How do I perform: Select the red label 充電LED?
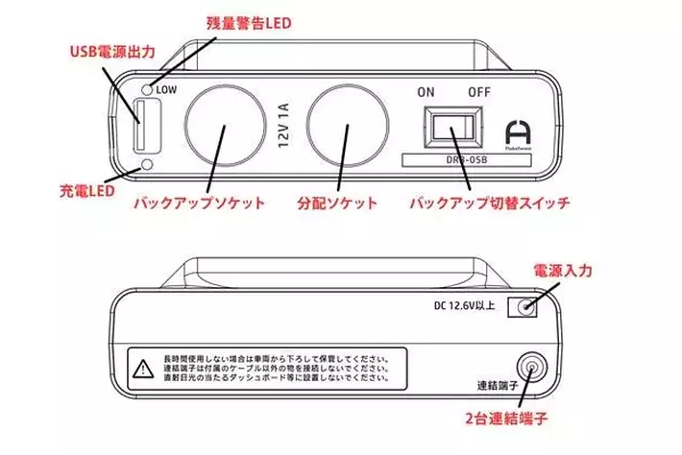pyautogui.click(x=88, y=191)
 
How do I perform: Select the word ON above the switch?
pyautogui.click(x=426, y=93)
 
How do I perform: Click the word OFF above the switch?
pyautogui.click(x=478, y=93)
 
